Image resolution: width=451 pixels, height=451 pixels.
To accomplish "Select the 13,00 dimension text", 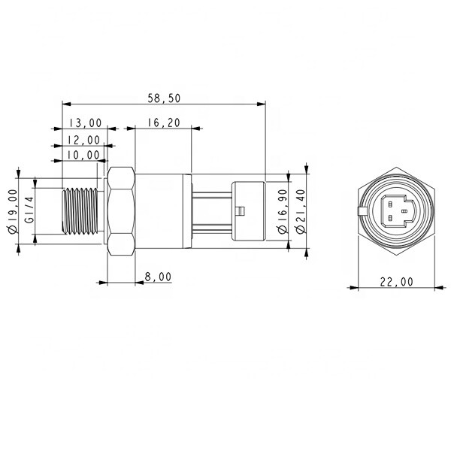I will pos(85,123).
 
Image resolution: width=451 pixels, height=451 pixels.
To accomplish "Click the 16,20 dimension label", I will pos(162,123).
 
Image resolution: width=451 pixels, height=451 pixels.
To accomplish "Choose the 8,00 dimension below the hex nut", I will pos(157,277).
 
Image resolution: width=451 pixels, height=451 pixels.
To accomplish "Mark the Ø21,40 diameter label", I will pos(299,213).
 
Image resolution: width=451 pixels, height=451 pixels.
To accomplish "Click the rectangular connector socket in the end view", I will pos(395,211).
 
